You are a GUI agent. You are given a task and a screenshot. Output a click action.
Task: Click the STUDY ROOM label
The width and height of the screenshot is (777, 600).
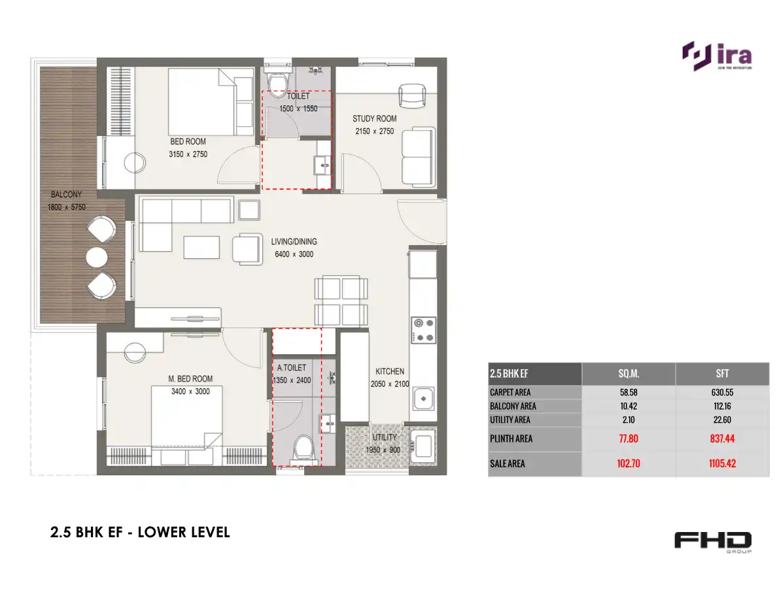click(x=374, y=119)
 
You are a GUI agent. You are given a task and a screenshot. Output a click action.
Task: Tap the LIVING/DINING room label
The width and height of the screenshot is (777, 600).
click(x=294, y=242)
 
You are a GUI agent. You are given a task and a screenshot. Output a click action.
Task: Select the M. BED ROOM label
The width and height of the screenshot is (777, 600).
click(x=190, y=378)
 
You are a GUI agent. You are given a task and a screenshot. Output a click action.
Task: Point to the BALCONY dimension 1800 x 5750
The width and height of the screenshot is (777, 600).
click(x=67, y=207)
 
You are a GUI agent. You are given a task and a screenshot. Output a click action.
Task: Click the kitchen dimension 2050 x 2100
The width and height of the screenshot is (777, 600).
click(x=390, y=384)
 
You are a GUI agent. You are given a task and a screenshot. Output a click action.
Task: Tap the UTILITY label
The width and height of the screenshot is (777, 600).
click(x=385, y=437)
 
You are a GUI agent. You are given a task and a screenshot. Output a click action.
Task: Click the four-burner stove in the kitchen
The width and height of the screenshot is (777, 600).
click(x=423, y=330)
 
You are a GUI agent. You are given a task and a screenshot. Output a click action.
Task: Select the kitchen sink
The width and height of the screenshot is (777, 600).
click(x=423, y=399)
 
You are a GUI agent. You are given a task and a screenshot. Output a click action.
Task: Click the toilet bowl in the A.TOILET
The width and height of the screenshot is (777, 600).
click(x=303, y=448)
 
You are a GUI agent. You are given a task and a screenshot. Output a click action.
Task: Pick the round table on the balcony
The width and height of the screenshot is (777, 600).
click(x=97, y=258)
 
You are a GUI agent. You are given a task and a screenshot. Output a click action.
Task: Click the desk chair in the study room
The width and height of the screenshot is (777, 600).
click(x=412, y=95)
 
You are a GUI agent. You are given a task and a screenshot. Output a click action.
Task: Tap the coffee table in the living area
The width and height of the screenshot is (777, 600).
click(x=201, y=247)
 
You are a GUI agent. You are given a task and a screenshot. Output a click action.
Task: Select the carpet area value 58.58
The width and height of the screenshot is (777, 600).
click(x=629, y=393)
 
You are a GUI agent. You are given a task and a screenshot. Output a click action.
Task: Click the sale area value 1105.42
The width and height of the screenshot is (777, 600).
click(x=722, y=464)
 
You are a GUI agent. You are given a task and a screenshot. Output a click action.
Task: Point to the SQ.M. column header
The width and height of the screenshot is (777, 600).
click(x=629, y=374)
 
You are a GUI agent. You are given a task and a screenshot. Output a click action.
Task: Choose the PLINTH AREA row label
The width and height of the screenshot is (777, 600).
click(x=511, y=439)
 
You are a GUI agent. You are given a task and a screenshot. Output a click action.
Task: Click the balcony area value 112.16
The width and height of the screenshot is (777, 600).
click(x=722, y=407)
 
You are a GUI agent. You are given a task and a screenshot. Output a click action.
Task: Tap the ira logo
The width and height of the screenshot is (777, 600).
click(x=717, y=56)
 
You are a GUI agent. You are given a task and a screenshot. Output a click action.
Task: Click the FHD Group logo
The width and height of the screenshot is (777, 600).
click(x=713, y=542)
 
